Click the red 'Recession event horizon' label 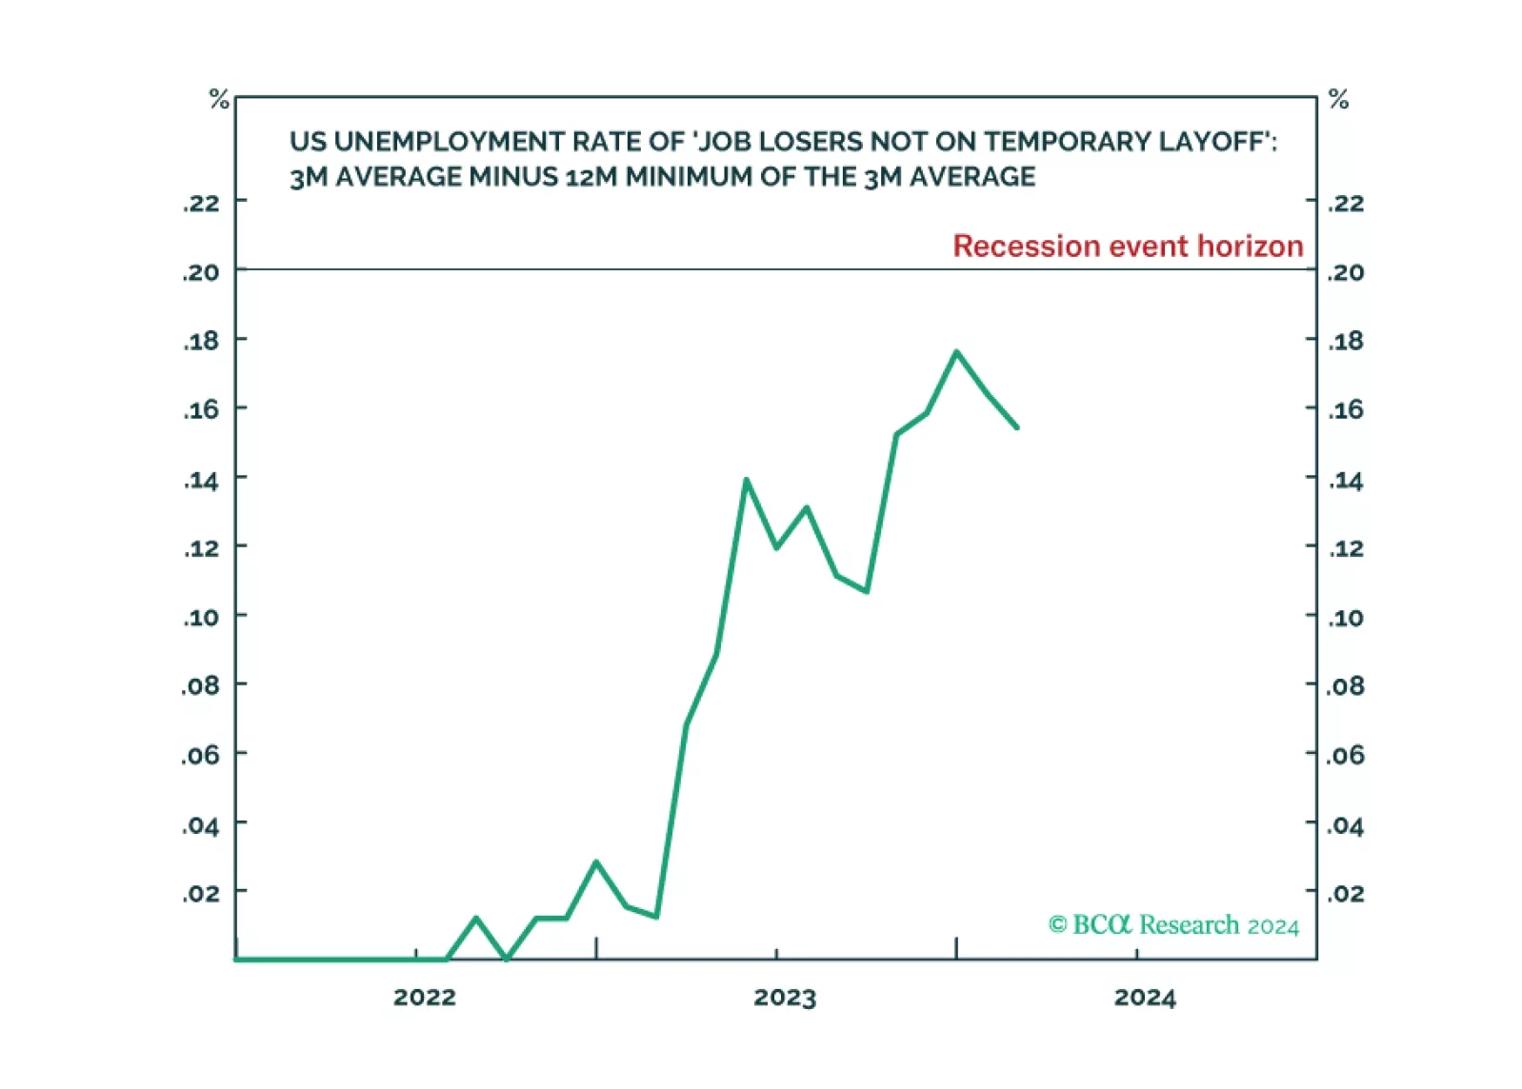1127,246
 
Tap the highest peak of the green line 956,352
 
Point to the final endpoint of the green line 1017,427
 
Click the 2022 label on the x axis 425,997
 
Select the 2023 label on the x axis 785,997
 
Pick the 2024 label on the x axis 1145,997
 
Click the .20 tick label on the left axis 201,272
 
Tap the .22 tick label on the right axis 1346,203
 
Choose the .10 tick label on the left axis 201,617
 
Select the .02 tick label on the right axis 1346,893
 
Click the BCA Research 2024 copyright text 1173,925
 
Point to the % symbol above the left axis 219,99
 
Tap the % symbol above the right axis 1338,99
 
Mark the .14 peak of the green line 747,480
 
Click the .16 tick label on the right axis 1346,409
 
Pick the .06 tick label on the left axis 201,755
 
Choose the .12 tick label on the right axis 1346,548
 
